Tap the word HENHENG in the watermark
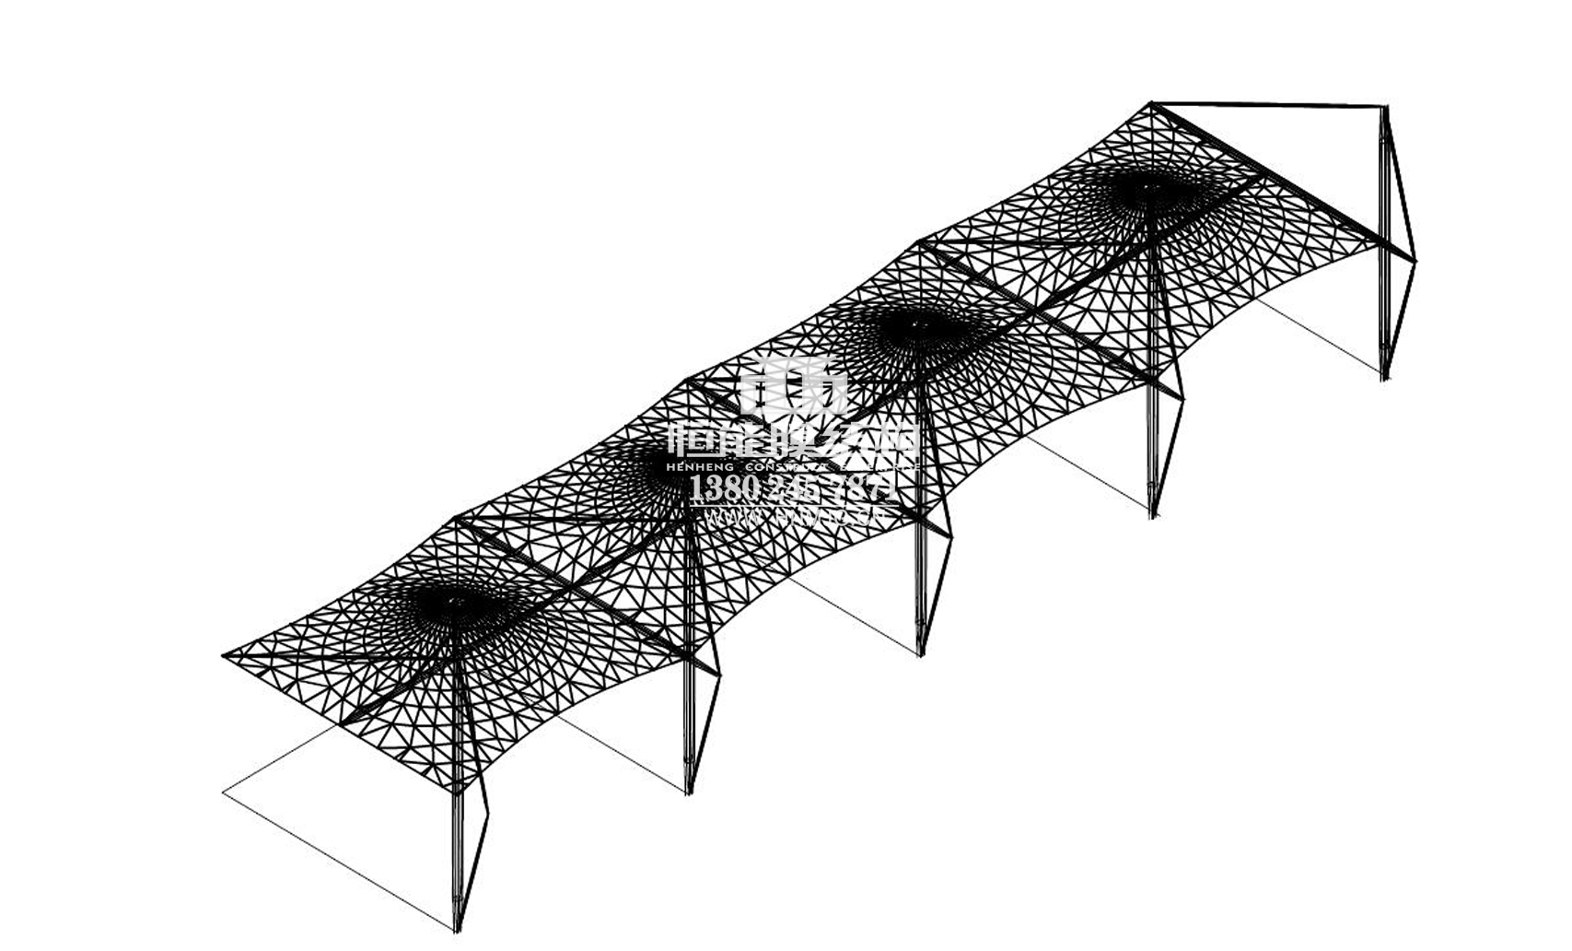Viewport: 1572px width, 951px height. coord(701,467)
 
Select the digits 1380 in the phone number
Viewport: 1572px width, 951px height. coord(723,488)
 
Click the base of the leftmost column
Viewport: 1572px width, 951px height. coord(456,927)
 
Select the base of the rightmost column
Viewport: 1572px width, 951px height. coord(1385,376)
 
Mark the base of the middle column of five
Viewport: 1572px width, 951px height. coord(919,652)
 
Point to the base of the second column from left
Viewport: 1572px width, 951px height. coord(688,790)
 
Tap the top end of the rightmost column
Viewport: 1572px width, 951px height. coord(1385,108)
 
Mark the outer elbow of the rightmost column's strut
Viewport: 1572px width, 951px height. coord(1415,261)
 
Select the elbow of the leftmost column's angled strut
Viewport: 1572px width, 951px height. coord(488,814)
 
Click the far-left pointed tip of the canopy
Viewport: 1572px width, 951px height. coord(224,656)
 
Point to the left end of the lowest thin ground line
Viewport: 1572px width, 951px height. coord(224,792)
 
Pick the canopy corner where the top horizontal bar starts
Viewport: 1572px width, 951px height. coord(1152,102)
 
